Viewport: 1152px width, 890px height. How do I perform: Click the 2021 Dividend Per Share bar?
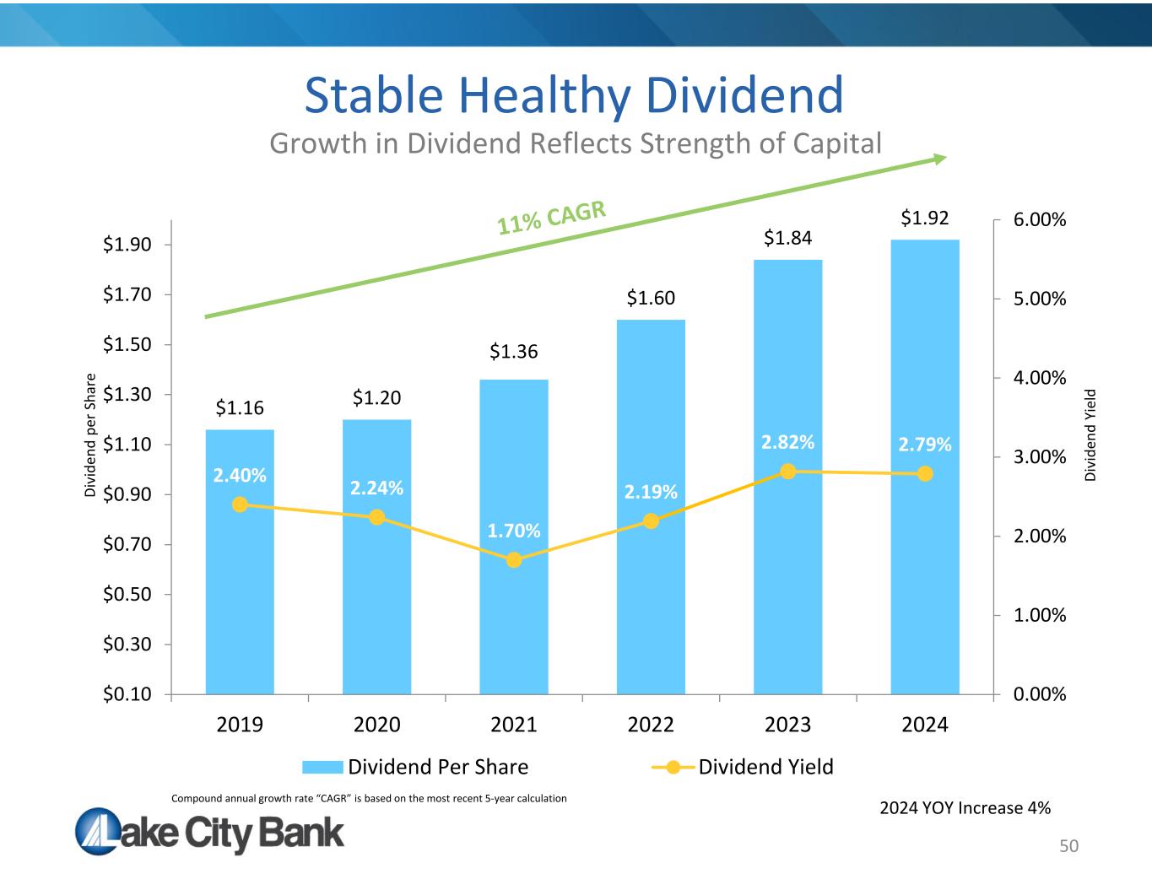click(513, 607)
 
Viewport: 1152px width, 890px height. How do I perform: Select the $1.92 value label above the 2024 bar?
click(925, 218)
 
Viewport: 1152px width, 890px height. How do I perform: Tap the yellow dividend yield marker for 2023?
click(787, 472)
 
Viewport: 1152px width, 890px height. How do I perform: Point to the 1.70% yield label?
click(514, 531)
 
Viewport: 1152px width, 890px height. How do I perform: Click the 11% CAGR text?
click(552, 218)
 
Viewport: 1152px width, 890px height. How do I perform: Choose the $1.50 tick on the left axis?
click(127, 344)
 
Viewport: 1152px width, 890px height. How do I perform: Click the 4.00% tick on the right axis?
click(1038, 377)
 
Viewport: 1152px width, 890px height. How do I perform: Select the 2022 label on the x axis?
click(651, 725)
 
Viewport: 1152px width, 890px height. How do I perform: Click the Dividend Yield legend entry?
click(743, 767)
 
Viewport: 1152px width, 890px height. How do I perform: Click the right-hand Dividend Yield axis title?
click(1090, 434)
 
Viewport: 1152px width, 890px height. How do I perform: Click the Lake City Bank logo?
click(210, 832)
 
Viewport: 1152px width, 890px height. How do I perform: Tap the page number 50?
click(1069, 846)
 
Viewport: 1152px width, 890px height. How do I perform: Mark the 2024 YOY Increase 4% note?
click(965, 808)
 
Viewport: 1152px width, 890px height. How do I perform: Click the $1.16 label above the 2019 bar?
click(240, 408)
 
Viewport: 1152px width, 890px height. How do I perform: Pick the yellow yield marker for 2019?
click(240, 504)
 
